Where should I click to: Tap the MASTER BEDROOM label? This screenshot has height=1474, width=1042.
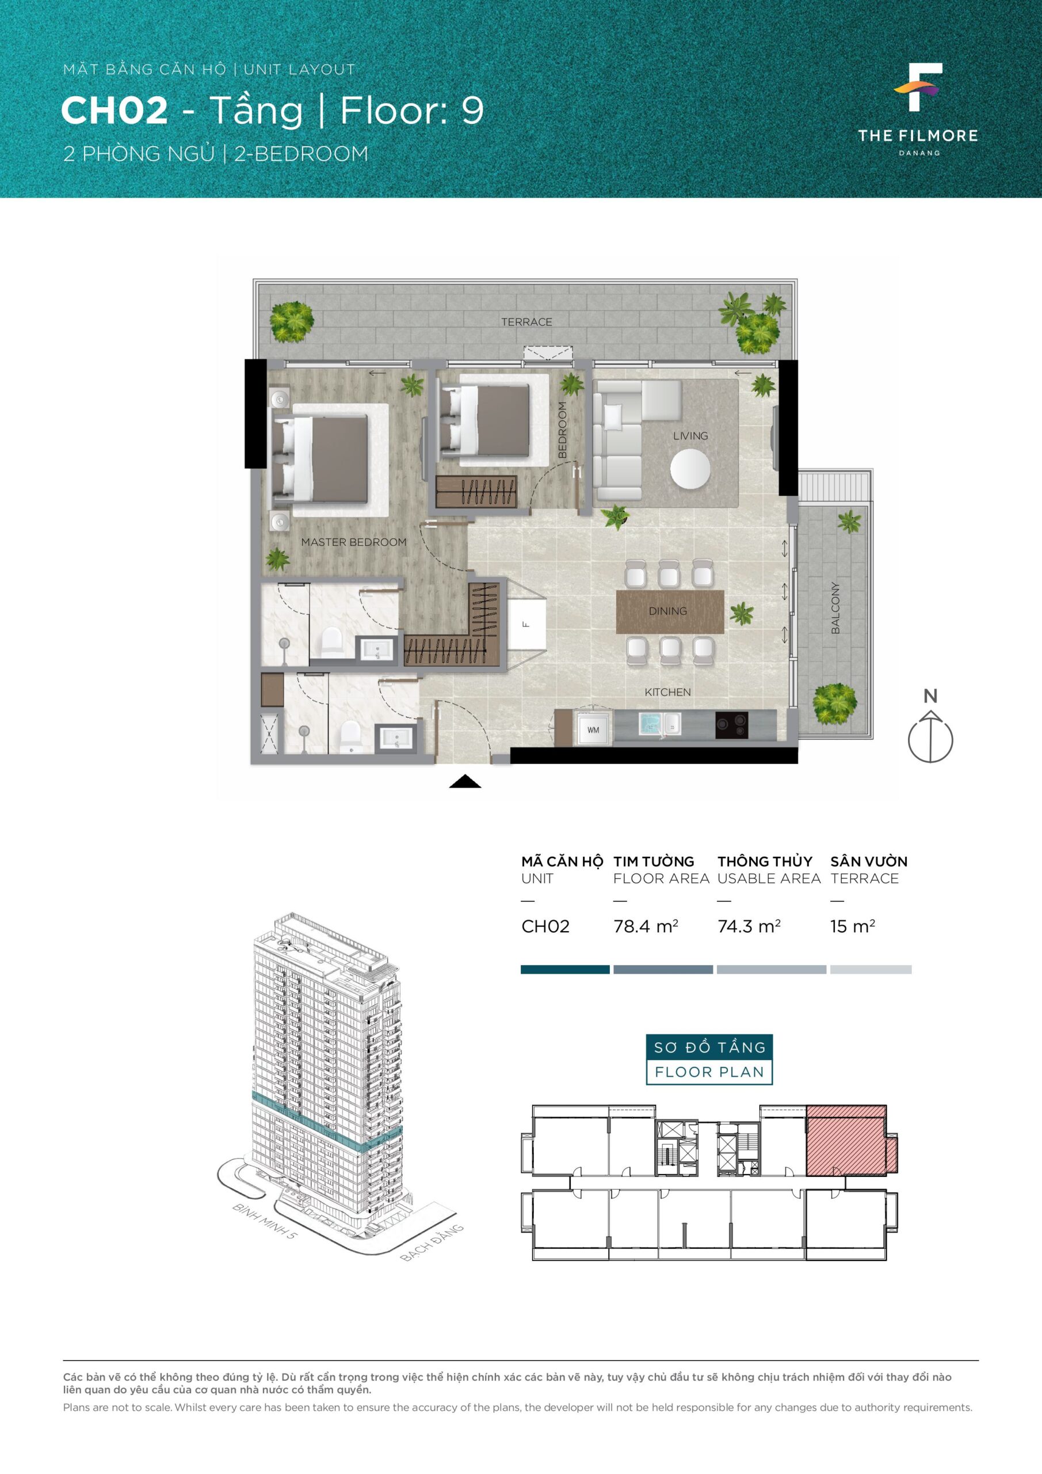pyautogui.click(x=353, y=542)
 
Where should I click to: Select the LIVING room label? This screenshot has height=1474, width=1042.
pyautogui.click(x=690, y=435)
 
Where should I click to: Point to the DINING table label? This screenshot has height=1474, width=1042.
pyautogui.click(x=667, y=610)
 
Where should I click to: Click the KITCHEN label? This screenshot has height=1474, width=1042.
pyautogui.click(x=667, y=692)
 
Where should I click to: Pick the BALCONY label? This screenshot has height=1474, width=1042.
pyautogui.click(x=835, y=608)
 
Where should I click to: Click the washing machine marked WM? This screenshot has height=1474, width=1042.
pyautogui.click(x=593, y=730)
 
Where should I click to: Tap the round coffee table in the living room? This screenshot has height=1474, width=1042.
pyautogui.click(x=690, y=469)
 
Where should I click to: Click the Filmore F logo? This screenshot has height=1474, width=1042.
pyautogui.click(x=919, y=87)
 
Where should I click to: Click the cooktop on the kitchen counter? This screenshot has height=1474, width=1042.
pyautogui.click(x=731, y=725)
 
